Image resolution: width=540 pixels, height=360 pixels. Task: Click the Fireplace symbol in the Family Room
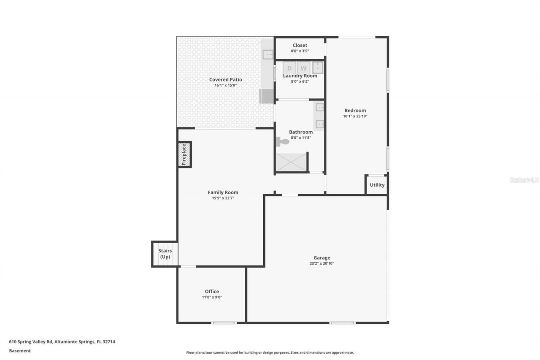(x=184, y=154)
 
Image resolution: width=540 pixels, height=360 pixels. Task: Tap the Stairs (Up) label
(x=165, y=254)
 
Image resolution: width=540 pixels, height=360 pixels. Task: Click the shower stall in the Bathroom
(x=291, y=162)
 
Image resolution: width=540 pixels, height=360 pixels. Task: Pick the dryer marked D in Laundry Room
(x=289, y=68)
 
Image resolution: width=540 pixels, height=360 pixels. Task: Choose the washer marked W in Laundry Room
(x=303, y=68)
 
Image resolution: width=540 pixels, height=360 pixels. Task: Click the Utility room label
(x=377, y=185)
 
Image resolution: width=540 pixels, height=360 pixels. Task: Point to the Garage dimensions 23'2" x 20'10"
(x=321, y=263)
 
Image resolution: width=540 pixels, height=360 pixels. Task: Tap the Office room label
(x=212, y=291)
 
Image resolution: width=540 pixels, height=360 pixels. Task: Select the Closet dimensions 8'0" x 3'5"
(x=300, y=51)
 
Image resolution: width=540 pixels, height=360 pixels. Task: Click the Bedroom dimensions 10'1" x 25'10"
(x=355, y=116)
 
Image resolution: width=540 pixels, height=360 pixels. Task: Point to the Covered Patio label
(x=225, y=79)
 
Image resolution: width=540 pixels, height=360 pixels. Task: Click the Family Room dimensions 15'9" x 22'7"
(x=223, y=198)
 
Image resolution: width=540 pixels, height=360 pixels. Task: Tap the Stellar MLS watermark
(x=524, y=180)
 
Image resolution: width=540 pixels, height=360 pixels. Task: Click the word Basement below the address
(x=20, y=351)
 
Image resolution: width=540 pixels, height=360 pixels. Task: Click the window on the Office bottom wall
(x=224, y=323)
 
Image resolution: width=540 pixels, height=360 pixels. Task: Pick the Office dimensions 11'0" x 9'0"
(x=212, y=297)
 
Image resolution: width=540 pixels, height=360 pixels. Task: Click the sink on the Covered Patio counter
(x=267, y=54)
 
